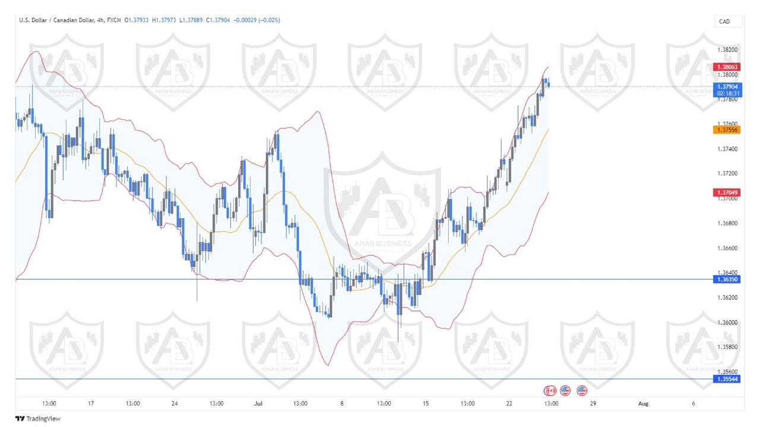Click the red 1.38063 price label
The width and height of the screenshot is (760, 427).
point(727,67)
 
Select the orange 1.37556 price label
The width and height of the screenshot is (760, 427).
point(727,129)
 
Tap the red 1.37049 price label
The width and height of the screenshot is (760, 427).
point(727,193)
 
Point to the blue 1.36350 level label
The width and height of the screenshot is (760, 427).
point(727,279)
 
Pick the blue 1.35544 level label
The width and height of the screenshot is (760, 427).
point(727,379)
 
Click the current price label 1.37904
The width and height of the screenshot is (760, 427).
point(727,87)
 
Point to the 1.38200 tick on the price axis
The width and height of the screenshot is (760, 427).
point(727,50)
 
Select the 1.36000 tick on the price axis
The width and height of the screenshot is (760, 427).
point(727,323)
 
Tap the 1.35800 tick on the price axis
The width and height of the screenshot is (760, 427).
point(727,347)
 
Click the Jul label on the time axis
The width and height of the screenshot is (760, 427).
point(258,403)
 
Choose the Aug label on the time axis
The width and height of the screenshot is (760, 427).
point(642,403)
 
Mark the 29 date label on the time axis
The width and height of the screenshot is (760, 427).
point(593,403)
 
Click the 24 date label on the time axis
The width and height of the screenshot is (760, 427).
point(175,403)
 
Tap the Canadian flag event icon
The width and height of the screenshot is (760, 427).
point(550,390)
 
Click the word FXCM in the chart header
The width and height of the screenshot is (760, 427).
point(114,20)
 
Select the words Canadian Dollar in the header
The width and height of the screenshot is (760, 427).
point(73,20)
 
